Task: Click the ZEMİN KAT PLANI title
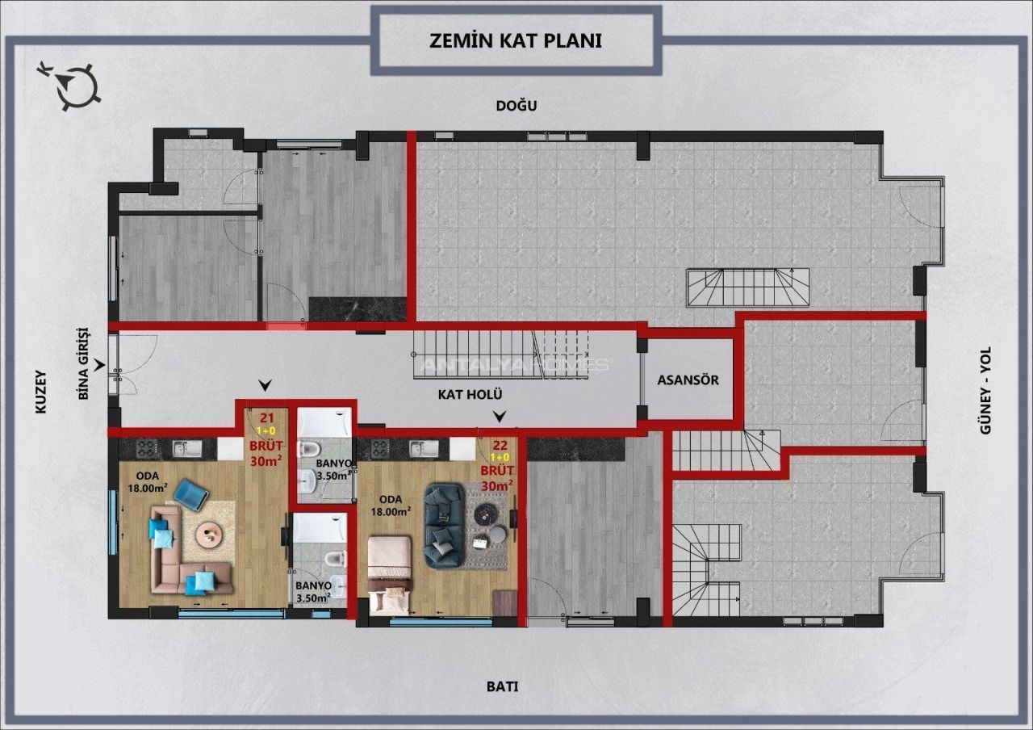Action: pyautogui.click(x=516, y=40)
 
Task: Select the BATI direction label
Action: pyautogui.click(x=502, y=686)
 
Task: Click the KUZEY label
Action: pyautogui.click(x=41, y=392)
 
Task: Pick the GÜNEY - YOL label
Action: pyautogui.click(x=985, y=390)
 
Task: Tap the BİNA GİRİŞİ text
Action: pyautogui.click(x=83, y=363)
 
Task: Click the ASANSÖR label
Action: pyautogui.click(x=688, y=380)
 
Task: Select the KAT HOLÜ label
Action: pyautogui.click(x=470, y=395)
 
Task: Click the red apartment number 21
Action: pyautogui.click(x=267, y=418)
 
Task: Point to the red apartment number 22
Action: pyautogui.click(x=500, y=445)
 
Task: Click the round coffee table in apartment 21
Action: pyautogui.click(x=211, y=535)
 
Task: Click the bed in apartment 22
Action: pyautogui.click(x=390, y=575)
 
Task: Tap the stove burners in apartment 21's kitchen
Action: pyautogui.click(x=148, y=448)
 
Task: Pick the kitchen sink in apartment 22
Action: pyautogui.click(x=424, y=448)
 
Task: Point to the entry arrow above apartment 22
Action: pyautogui.click(x=500, y=417)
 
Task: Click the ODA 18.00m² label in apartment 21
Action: pyautogui.click(x=148, y=482)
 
